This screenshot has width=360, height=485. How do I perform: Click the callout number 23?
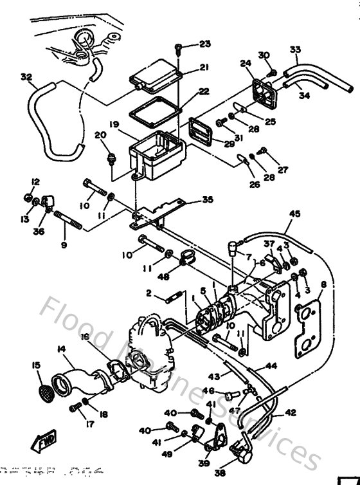point(204,44)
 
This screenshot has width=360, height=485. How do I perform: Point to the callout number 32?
point(26,77)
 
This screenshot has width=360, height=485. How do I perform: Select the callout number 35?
point(207,200)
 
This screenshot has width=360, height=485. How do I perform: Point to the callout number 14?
point(62,349)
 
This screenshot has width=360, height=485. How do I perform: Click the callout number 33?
point(295,49)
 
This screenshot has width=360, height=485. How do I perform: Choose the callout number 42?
point(291,412)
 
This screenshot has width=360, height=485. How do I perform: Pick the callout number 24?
point(245,63)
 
